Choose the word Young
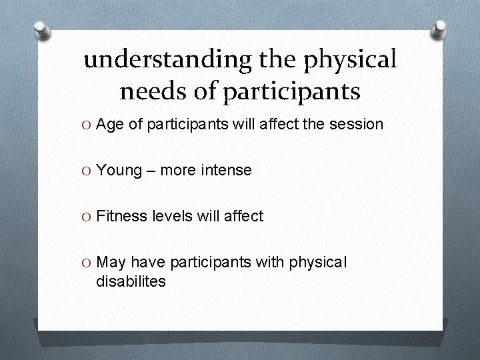119,170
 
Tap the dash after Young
151,171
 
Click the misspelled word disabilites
131,281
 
